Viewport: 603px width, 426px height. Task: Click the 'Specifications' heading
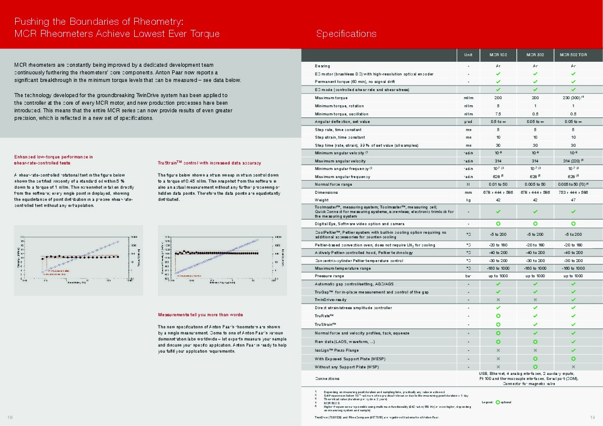point(346,34)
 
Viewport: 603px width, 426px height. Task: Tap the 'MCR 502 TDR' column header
point(573,55)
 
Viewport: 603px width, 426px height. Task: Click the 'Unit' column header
point(468,55)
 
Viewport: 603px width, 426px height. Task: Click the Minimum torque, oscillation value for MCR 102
point(498,113)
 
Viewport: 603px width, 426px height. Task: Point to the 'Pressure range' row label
point(329,276)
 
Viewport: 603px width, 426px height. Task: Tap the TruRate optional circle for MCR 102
point(498,316)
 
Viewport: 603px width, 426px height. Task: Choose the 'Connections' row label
point(327,378)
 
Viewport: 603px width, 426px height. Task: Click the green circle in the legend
point(498,402)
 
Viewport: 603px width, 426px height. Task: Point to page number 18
point(10,417)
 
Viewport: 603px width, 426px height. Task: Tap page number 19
point(592,417)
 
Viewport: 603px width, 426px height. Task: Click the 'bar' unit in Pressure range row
point(468,276)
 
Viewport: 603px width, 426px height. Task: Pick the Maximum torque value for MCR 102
point(498,98)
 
